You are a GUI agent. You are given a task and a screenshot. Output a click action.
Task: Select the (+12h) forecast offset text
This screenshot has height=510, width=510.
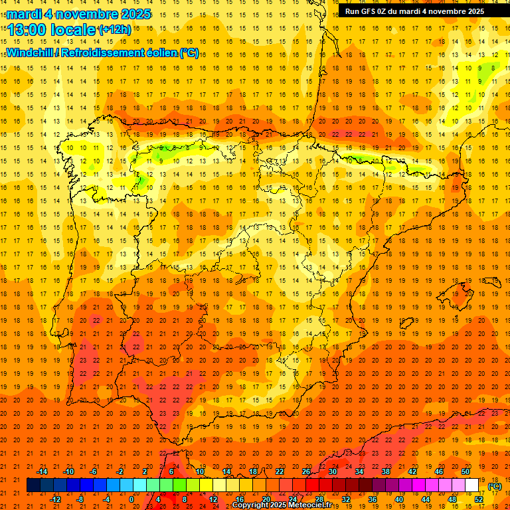114,30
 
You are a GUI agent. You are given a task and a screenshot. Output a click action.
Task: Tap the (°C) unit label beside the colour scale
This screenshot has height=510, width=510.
494,486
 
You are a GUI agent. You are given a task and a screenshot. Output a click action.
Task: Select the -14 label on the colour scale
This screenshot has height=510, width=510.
42,471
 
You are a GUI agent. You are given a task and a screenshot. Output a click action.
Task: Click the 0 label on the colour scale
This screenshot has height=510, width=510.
131,499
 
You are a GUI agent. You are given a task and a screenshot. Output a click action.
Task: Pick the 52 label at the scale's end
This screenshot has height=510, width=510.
479,499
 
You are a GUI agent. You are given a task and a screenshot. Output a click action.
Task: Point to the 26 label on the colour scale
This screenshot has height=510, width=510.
306,471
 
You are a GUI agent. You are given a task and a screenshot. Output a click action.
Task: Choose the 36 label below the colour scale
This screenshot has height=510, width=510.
372,499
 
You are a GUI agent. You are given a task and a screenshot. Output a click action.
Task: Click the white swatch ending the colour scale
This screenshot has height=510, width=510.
471,485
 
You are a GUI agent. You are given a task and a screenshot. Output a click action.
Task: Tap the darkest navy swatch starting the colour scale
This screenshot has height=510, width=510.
33,485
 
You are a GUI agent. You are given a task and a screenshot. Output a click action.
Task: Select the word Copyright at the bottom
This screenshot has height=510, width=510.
253,505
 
